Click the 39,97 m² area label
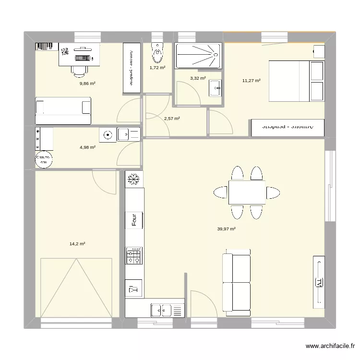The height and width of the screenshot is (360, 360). click(226, 229)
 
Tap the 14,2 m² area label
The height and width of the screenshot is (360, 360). click(77, 244)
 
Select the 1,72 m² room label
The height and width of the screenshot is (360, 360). click(157, 68)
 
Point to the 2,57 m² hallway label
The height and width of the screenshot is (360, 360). click(172, 119)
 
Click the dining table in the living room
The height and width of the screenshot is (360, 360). click(247, 192)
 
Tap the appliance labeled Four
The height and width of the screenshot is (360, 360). click(135, 219)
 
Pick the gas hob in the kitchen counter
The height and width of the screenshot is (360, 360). click(134, 255)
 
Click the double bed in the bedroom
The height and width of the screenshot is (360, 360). click(296, 81)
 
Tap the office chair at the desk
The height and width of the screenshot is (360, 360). click(80, 69)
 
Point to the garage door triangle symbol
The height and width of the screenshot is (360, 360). click(76, 288)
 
